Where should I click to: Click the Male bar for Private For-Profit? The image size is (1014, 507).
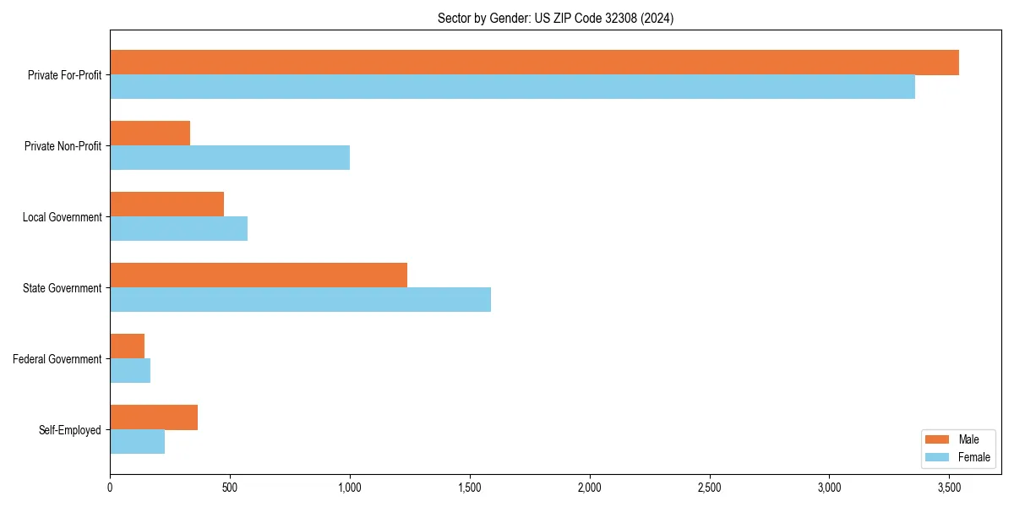[x=534, y=63]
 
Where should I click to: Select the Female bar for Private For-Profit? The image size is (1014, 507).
[x=512, y=87]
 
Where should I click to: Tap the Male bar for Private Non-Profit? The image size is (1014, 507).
[x=150, y=134]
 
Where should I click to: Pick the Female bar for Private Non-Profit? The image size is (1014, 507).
[x=230, y=158]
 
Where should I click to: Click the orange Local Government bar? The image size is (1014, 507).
[x=166, y=204]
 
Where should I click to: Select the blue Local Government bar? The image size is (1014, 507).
[x=178, y=229]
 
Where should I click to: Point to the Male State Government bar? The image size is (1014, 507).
[x=259, y=275]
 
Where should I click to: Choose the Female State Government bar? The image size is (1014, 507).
[x=300, y=300]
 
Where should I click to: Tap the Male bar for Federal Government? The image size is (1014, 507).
[x=127, y=346]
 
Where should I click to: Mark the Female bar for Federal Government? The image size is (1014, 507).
[x=130, y=371]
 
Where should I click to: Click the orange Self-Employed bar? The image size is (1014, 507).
[x=154, y=417]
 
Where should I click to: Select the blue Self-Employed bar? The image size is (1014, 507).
[x=137, y=442]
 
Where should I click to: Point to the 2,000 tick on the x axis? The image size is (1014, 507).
[x=589, y=488]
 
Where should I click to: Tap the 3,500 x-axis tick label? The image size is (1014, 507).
[x=949, y=488]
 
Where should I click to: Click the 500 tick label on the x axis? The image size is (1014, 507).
[x=230, y=488]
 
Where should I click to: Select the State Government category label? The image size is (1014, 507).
[x=62, y=288]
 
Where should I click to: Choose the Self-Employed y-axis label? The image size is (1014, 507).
[x=69, y=430]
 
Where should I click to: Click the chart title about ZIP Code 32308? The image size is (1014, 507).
[x=555, y=18]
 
